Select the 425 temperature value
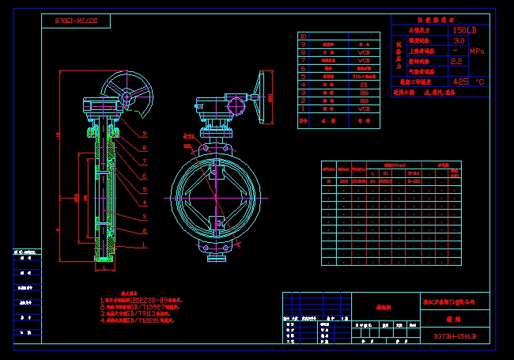(x=459, y=81)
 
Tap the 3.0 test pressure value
(x=459, y=40)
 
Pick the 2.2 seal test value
(x=456, y=60)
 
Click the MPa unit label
(x=478, y=51)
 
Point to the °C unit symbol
(x=479, y=81)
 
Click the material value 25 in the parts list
(x=363, y=83)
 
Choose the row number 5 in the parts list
(x=304, y=75)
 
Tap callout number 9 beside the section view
(x=145, y=135)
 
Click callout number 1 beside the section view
(x=145, y=244)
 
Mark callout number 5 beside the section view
(x=145, y=190)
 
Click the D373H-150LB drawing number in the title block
(x=455, y=336)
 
